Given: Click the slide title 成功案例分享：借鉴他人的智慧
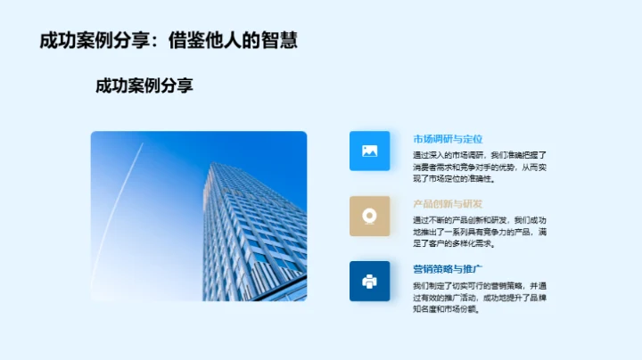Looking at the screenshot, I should (169, 41).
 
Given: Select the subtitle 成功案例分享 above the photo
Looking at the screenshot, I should (144, 86).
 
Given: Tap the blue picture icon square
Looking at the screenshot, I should (369, 151).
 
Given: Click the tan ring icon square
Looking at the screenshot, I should (369, 216).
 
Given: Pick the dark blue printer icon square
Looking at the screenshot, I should (369, 281).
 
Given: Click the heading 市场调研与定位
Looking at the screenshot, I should (448, 139).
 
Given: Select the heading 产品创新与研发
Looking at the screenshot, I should (448, 204).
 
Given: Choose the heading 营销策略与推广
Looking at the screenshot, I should (448, 269).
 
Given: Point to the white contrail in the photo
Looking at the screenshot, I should (121, 205).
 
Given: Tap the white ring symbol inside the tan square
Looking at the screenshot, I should (369, 216).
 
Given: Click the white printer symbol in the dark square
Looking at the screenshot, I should (369, 281).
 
